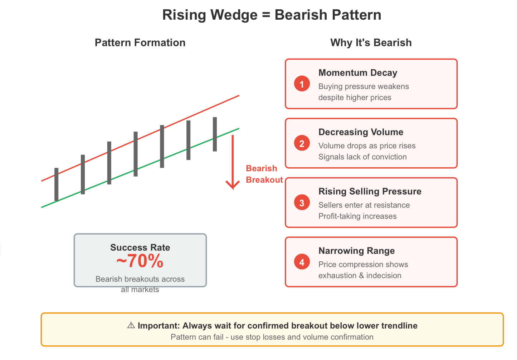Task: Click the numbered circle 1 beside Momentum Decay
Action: [x=302, y=84]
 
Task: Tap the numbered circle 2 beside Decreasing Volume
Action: [x=302, y=143]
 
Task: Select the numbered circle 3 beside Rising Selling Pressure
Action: [x=302, y=202]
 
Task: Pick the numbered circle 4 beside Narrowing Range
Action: [x=302, y=262]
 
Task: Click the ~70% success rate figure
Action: [x=140, y=261]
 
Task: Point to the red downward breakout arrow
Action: [x=233, y=162]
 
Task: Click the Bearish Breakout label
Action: [x=264, y=174]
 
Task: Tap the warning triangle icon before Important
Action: [x=131, y=325]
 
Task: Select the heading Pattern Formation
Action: [x=140, y=43]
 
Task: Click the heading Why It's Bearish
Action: [x=371, y=43]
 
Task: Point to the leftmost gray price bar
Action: [x=56, y=184]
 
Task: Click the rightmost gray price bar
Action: [x=215, y=134]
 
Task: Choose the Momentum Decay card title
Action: [x=358, y=73]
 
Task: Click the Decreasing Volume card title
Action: [x=361, y=132]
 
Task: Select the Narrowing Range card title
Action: [x=357, y=251]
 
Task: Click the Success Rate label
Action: [x=140, y=247]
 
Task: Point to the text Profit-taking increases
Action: [x=357, y=216]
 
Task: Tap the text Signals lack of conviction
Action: [x=362, y=157]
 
